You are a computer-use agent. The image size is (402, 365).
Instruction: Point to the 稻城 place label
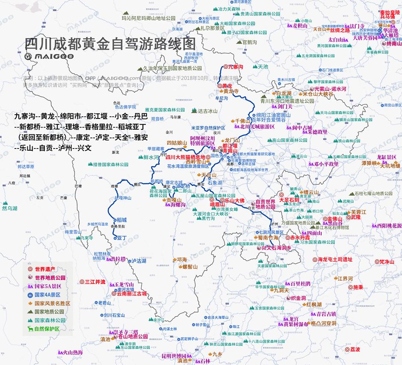click(121, 219)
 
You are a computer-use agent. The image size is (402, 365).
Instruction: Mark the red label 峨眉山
click(218, 205)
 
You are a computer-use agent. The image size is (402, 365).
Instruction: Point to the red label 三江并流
click(95, 282)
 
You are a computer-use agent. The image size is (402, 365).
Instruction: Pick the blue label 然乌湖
click(9, 208)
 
